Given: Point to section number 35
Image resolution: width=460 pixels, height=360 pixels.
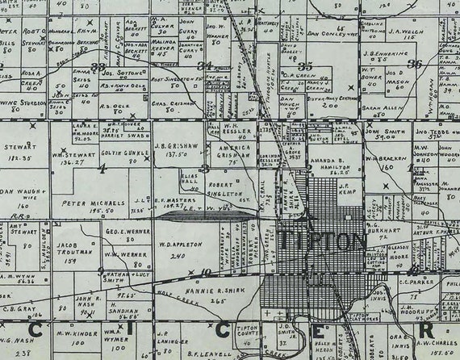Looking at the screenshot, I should (x=305, y=65).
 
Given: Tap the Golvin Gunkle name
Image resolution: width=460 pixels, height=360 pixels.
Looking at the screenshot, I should (x=121, y=153).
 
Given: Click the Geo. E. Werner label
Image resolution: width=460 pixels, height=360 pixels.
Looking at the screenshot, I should (x=123, y=230).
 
